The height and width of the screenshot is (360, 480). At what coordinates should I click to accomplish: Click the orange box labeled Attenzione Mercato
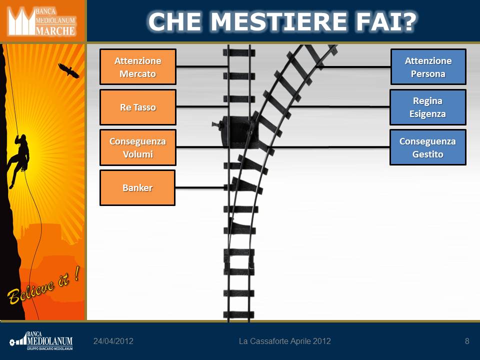[138, 66]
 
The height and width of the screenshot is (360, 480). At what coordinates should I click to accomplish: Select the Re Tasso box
[138, 107]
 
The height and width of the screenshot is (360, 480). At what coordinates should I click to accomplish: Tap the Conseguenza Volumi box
[138, 147]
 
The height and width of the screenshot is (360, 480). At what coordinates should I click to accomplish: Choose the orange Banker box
[137, 187]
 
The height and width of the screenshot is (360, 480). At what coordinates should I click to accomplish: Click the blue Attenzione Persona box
[428, 66]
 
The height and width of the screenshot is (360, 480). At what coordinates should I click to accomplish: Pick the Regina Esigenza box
[427, 107]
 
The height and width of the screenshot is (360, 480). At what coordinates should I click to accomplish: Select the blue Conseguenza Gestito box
[427, 147]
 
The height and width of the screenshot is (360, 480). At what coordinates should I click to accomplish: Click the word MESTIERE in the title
[281, 21]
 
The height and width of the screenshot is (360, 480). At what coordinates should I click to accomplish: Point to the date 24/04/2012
[113, 341]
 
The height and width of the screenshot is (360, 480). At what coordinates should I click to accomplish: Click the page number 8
[467, 341]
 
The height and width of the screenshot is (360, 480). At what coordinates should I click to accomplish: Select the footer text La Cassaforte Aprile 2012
[284, 341]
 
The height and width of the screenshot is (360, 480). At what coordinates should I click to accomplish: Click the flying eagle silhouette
[68, 70]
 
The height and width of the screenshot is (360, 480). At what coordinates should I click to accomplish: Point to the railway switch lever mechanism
[235, 132]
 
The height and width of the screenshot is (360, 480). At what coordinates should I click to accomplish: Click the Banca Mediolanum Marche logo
[42, 21]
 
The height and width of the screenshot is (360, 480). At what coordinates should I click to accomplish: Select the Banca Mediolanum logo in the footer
[41, 340]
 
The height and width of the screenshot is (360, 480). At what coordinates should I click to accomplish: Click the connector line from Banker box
[200, 187]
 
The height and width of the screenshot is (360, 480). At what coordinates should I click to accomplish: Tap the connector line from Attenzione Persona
[353, 66]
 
